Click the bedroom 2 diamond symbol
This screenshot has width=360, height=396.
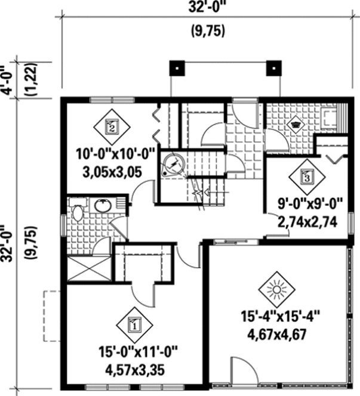click(112, 126)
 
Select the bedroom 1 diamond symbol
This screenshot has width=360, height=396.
click(134, 325)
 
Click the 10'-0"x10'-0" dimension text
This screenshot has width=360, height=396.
click(115, 154)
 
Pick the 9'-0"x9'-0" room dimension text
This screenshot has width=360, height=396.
click(309, 205)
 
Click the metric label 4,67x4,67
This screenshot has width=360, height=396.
click(276, 333)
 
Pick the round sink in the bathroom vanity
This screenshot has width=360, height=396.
click(102, 206)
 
